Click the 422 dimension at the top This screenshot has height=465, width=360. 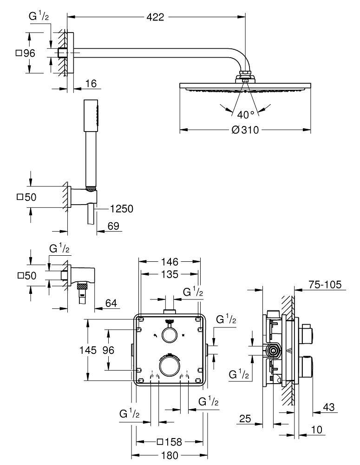pyautogui.click(x=155, y=17)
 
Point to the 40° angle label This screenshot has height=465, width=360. pyautogui.click(x=245, y=114)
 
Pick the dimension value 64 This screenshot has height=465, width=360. pyautogui.click(x=111, y=304)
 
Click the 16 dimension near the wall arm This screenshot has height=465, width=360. pyautogui.click(x=91, y=84)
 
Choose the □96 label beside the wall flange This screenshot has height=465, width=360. pyautogui.click(x=26, y=53)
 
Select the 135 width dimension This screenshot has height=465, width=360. pyautogui.click(x=170, y=274)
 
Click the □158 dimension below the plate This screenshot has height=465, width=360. pyautogui.click(x=169, y=441)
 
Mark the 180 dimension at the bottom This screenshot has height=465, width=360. pyautogui.click(x=169, y=455)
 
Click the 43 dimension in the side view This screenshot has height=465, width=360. pyautogui.click(x=329, y=407)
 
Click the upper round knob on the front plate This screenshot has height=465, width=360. pyautogui.click(x=169, y=334)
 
